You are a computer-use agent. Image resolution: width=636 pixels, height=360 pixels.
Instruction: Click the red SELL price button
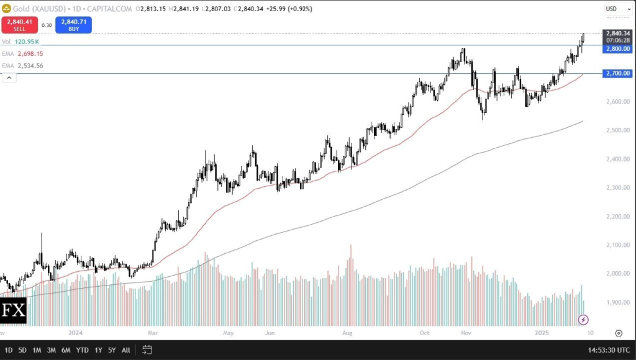coord(19,25)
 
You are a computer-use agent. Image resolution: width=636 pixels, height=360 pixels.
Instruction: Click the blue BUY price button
coord(73,25)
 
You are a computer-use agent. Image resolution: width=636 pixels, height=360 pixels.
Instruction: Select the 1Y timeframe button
coord(98,350)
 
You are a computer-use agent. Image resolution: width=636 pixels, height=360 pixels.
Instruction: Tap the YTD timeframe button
coord(82,350)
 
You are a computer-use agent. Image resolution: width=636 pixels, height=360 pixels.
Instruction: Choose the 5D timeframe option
coord(22,350)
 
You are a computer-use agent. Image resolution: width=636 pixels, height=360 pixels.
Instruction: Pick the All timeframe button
coord(125,350)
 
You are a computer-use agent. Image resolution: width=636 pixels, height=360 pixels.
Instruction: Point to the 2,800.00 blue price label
coord(618,48)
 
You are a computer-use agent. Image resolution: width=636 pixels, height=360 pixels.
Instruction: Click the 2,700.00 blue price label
coord(618,73)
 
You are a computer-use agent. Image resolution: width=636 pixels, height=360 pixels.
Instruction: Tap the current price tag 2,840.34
coord(618,34)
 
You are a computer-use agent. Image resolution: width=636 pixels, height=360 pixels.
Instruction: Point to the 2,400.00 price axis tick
coord(618,159)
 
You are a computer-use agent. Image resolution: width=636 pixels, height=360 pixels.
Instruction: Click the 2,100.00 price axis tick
coord(618,245)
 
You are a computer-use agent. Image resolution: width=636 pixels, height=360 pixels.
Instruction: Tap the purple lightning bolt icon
coord(583,320)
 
